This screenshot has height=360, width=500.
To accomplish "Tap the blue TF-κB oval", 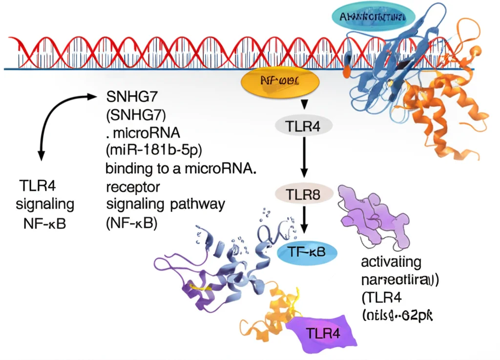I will click(307, 251).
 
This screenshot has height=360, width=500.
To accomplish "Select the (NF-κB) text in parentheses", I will click(131, 223).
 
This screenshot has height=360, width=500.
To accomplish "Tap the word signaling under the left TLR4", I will click(45, 204).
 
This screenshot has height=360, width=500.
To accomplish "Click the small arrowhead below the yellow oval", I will click(304, 104).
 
